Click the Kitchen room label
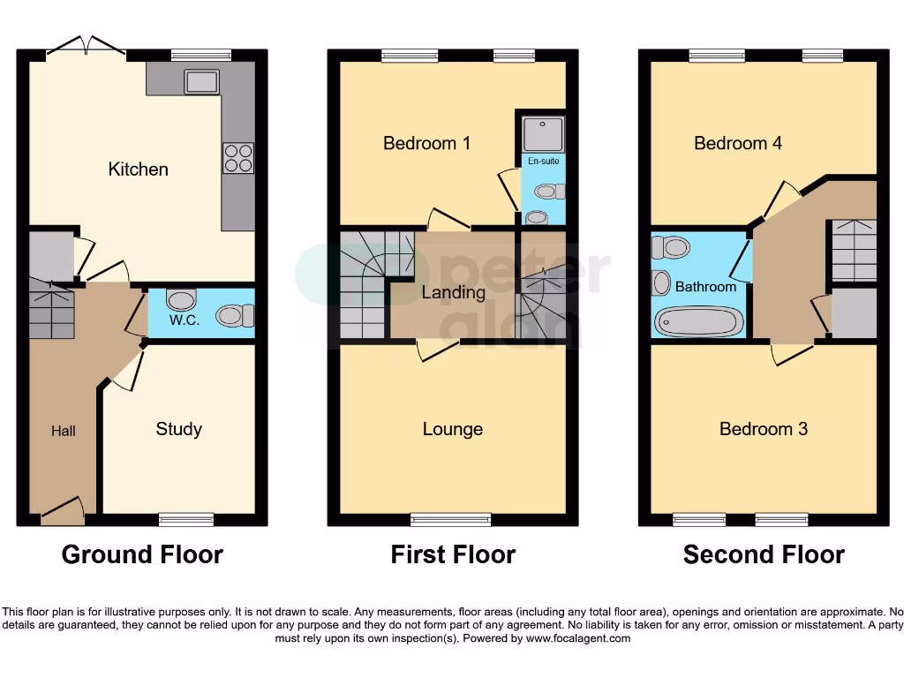[x=138, y=169]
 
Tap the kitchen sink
[x=202, y=82]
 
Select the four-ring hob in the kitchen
[x=237, y=158]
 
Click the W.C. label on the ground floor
[x=184, y=320]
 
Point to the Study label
[x=178, y=429]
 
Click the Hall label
[x=63, y=431]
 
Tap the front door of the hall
[x=63, y=511]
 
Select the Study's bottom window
[x=186, y=519]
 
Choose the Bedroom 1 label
[x=426, y=143]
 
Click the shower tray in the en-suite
[x=540, y=133]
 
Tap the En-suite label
[x=544, y=162]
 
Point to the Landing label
[x=453, y=292]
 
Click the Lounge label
[x=452, y=429]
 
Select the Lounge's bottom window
[x=451, y=519]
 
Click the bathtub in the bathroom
[x=698, y=321]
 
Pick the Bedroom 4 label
[x=738, y=143]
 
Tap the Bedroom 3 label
[x=764, y=429]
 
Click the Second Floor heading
[x=764, y=554]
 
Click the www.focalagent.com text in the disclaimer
[x=578, y=638]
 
